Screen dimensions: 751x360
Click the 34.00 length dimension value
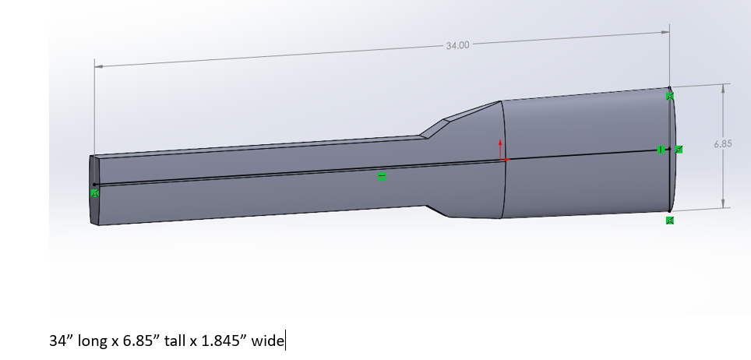(458, 45)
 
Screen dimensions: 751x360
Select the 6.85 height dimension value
(723, 144)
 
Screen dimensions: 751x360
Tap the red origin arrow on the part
(500, 149)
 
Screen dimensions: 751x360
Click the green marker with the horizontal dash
(382, 176)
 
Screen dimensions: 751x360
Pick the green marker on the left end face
(95, 193)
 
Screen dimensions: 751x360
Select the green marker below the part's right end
(670, 221)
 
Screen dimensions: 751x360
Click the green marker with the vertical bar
(661, 150)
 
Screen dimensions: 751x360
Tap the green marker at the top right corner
(670, 96)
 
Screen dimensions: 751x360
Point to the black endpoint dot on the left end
(95, 184)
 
